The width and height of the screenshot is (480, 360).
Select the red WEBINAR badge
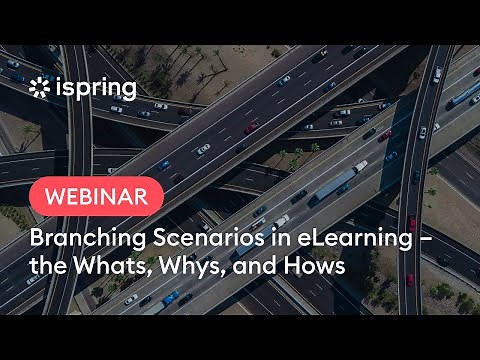click(x=97, y=193)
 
